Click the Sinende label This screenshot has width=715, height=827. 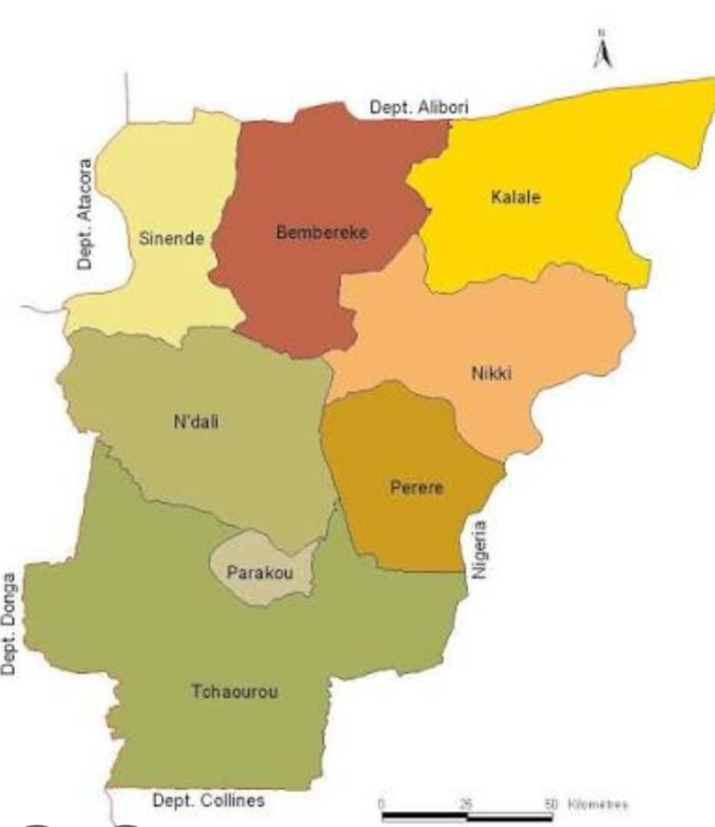(x=171, y=238)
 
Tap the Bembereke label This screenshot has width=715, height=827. (x=322, y=232)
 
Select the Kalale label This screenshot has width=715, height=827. (x=515, y=196)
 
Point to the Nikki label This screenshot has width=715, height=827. (x=492, y=373)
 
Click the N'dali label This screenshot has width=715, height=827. (x=196, y=422)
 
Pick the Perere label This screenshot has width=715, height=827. (x=416, y=488)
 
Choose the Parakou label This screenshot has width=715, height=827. (x=260, y=573)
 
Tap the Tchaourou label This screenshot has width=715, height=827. (x=234, y=691)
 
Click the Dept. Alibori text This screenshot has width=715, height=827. (x=419, y=107)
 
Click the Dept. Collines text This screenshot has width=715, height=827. (x=209, y=800)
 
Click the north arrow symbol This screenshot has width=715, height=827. (x=603, y=52)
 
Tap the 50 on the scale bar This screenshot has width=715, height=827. (x=549, y=804)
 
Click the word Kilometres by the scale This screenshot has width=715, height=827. (x=598, y=804)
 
